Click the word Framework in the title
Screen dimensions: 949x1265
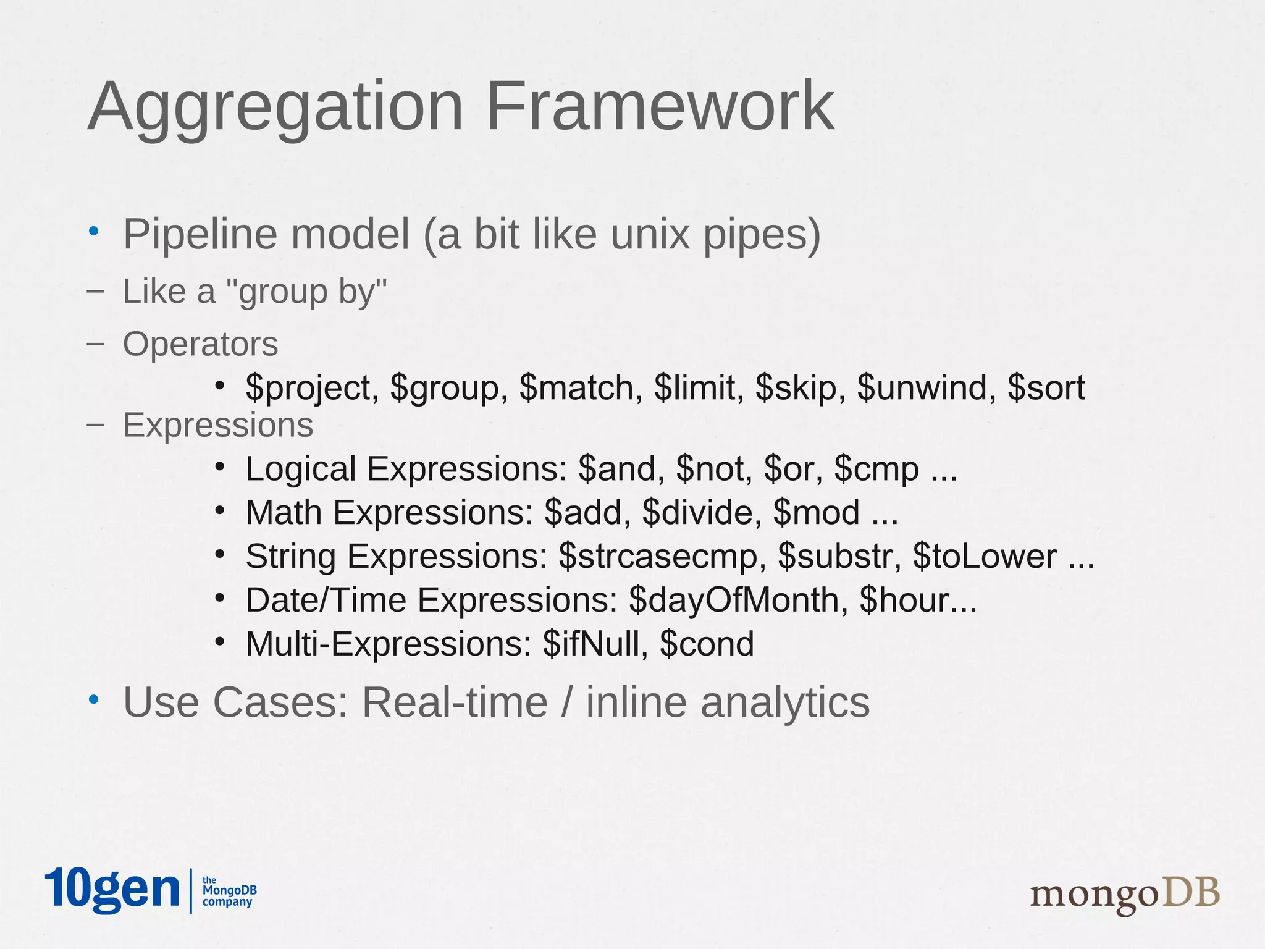(660, 106)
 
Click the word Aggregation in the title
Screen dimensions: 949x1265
(275, 106)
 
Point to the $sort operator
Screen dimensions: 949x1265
(1046, 388)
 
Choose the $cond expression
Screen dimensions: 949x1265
(707, 644)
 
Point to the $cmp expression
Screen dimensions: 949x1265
(876, 469)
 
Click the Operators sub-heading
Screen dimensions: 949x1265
(200, 344)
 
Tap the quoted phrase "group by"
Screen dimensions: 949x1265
(306, 292)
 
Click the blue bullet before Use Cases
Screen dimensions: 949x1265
(93, 700)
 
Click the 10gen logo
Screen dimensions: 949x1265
(112, 890)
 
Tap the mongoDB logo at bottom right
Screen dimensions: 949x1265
(1124, 894)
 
